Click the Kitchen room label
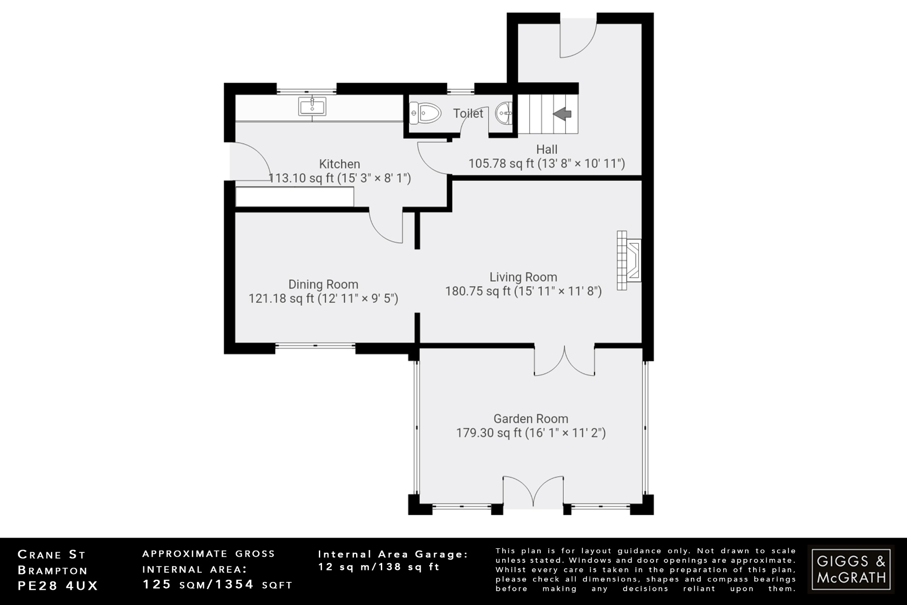pyautogui.click(x=339, y=164)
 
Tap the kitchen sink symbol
pyautogui.click(x=312, y=106)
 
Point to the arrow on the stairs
pyautogui.click(x=562, y=114)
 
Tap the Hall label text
pyautogui.click(x=547, y=149)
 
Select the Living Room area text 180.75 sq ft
pyautogui.click(x=523, y=291)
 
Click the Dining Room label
pyautogui.click(x=323, y=284)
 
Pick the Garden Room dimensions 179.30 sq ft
pyautogui.click(x=531, y=433)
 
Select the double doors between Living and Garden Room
pyautogui.click(x=565, y=361)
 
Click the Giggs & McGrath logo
pyautogui.click(x=851, y=569)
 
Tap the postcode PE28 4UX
pyautogui.click(x=58, y=585)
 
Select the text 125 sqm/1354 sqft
pyautogui.click(x=217, y=585)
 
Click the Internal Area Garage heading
pyautogui.click(x=393, y=554)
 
